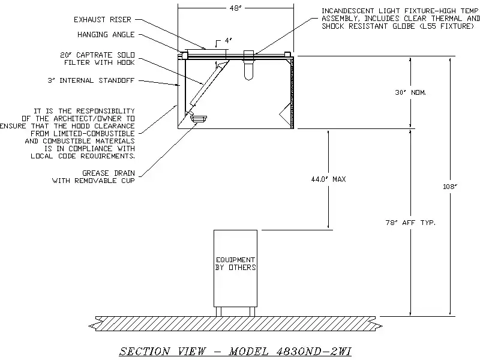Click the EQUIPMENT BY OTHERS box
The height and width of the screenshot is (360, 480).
235,264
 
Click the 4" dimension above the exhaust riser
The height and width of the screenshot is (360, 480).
227,41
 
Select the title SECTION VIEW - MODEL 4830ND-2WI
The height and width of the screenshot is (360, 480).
239,350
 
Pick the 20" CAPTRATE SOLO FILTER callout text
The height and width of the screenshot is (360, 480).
98,58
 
